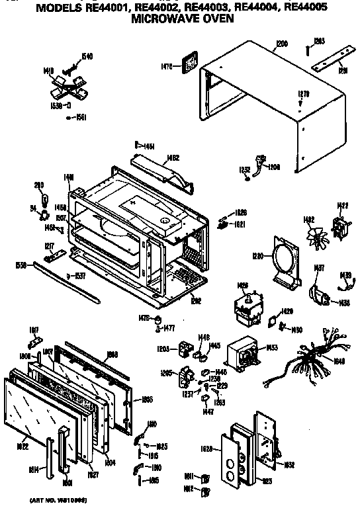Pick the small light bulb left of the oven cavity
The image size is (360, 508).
[x=45, y=198]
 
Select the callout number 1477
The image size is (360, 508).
[x=169, y=327]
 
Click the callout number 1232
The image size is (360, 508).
[x=245, y=169]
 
